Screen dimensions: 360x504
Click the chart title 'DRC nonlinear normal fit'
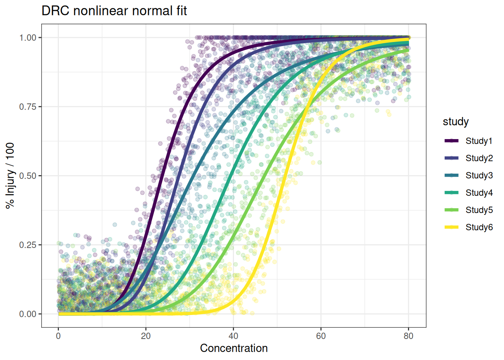114,11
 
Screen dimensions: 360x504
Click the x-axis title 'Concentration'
234,348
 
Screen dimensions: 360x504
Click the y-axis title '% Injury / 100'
10,175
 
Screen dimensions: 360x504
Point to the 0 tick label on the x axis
58,336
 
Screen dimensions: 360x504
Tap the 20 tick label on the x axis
146,336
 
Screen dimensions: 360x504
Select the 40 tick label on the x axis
233,336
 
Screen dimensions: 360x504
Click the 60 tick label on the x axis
321,336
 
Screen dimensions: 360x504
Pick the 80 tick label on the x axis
408,336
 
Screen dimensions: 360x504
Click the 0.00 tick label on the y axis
28,314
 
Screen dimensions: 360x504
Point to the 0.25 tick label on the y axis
28,245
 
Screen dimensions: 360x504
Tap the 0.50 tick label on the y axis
28,176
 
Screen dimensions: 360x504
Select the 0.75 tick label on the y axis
28,107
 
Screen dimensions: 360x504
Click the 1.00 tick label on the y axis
28,37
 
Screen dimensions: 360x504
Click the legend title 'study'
456,121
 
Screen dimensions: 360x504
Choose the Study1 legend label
479,141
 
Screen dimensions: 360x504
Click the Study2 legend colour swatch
451,158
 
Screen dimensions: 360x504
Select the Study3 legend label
479,175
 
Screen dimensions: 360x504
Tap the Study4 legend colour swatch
451,193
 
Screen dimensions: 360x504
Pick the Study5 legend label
479,210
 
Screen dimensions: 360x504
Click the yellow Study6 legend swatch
451,227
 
